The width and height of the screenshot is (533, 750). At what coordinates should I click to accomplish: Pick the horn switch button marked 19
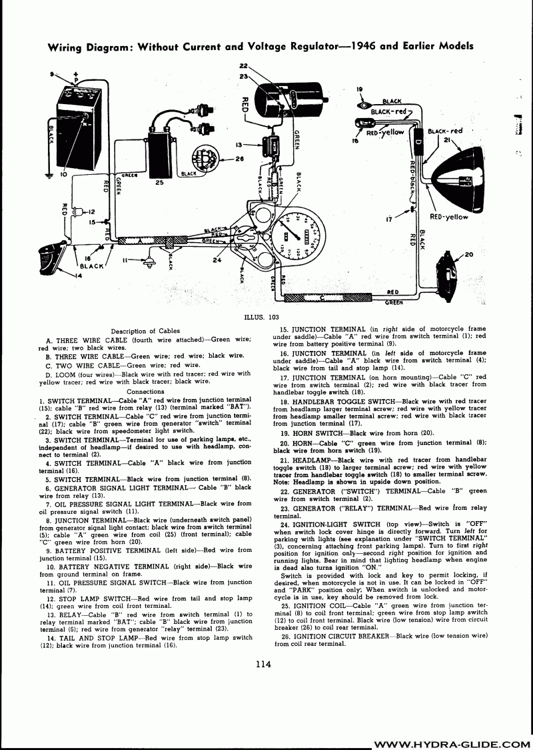pos(362,104)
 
